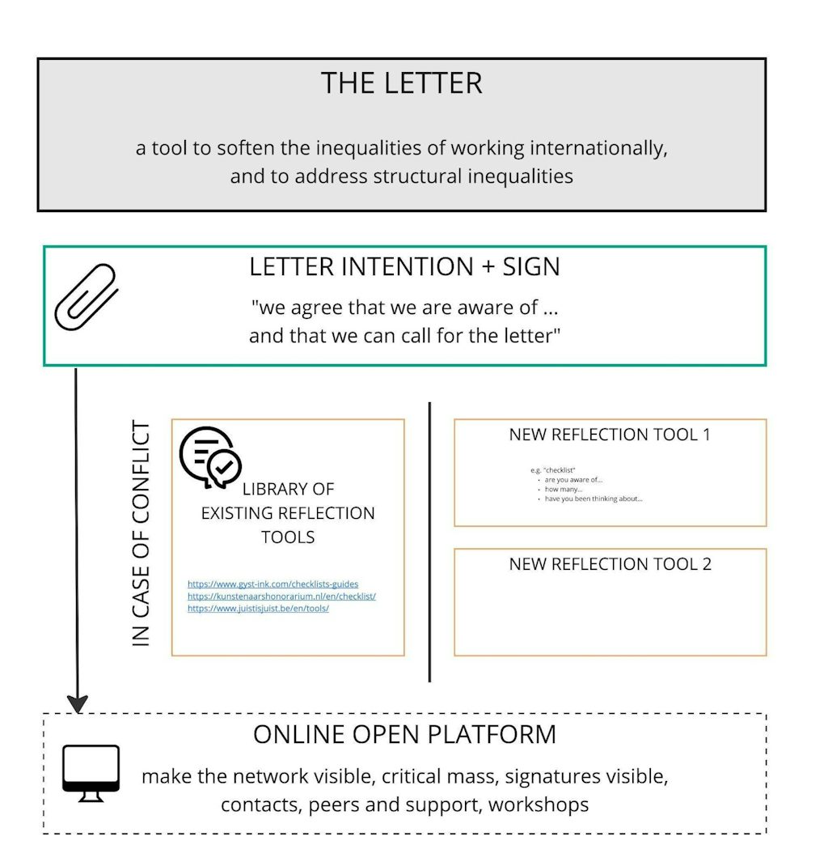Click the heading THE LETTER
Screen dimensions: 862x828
[402, 83]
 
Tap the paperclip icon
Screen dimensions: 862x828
[86, 297]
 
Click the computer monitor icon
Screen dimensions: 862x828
[91, 773]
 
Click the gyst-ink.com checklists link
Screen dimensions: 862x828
[272, 584]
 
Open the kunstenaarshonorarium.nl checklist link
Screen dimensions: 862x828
[281, 596]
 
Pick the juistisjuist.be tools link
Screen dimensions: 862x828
[258, 608]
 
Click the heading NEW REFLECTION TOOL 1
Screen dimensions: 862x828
[610, 435]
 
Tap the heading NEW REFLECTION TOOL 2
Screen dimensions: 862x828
[610, 564]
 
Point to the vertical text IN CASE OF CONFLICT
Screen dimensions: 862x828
[142, 533]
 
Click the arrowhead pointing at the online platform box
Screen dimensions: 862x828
[77, 703]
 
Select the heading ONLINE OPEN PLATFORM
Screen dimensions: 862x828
[404, 734]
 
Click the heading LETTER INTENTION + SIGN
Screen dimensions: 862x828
[404, 267]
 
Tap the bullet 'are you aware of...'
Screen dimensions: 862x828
[573, 480]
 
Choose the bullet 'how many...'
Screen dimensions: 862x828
[564, 490]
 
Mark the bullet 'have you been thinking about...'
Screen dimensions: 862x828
[594, 499]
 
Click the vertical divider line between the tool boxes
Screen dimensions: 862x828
[429, 541]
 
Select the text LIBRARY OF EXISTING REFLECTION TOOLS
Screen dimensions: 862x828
[288, 513]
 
